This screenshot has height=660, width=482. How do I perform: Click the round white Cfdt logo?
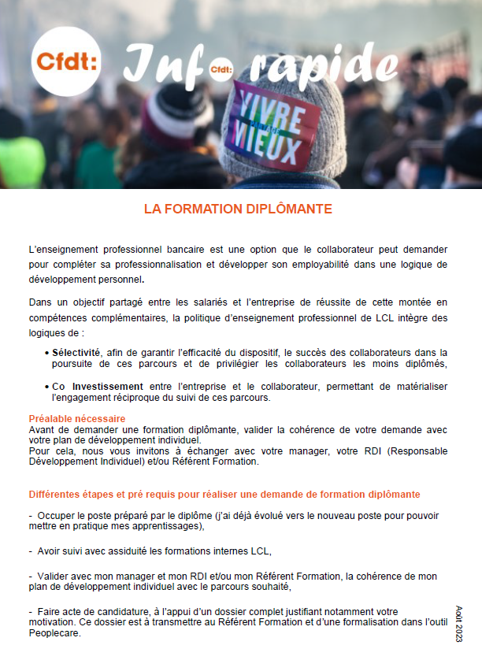[65, 60]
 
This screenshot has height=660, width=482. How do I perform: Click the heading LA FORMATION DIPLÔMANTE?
[238, 209]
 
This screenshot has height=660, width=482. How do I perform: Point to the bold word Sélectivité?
[76, 352]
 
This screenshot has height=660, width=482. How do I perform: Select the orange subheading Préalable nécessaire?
[77, 418]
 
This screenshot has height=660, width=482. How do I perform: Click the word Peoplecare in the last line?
[54, 634]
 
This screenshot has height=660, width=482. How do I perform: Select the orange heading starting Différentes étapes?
[224, 494]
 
